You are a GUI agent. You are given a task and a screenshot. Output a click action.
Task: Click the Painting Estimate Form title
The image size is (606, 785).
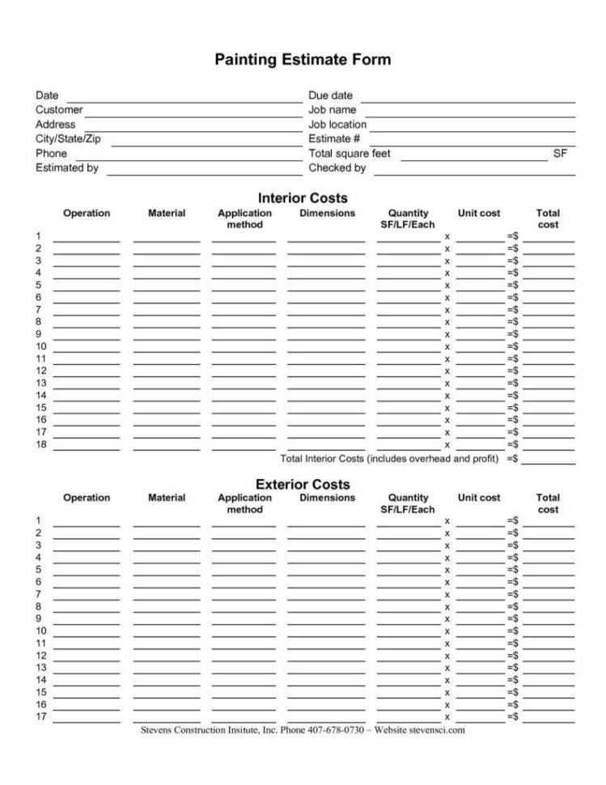pos(302,60)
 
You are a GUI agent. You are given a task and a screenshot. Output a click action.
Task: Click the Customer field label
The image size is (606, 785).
pos(59,110)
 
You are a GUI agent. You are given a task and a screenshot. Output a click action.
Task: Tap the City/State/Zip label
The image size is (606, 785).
pos(69,139)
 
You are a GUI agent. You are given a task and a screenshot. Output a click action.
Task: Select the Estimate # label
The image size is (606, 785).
pos(329,139)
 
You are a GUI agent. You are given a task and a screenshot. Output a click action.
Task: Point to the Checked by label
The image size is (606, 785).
pos(337,168)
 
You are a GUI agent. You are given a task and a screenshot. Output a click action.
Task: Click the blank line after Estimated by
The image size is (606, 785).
pos(204,174)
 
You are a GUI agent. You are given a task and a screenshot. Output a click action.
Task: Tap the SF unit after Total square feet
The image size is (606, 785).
pos(560,153)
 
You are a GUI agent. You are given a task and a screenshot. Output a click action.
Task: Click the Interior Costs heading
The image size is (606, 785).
pos(303,198)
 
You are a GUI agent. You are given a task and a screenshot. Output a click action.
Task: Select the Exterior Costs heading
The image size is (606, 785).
pos(303,484)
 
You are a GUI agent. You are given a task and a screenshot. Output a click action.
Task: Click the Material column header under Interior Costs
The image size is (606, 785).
pos(167,214)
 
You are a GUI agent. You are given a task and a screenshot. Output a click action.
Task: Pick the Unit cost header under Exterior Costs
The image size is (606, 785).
pos(479,498)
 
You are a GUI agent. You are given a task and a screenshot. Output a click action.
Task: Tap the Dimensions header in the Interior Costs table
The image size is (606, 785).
pos(327,214)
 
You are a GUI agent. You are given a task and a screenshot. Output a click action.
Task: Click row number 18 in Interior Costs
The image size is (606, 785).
pos(40,444)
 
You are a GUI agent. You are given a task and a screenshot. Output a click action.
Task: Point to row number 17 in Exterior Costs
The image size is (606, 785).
pos(40,717)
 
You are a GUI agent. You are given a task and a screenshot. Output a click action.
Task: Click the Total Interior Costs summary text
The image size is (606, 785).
pos(388,459)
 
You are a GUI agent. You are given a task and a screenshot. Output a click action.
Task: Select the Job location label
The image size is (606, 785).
pos(337,125)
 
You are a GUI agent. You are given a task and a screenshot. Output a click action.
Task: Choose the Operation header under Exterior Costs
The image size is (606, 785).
pos(87,498)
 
